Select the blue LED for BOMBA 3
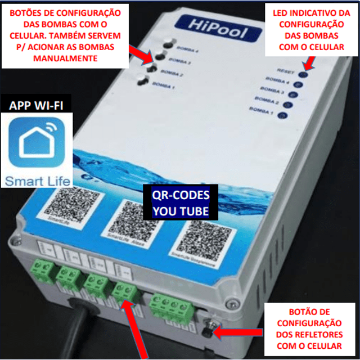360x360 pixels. click(x=293, y=94)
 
